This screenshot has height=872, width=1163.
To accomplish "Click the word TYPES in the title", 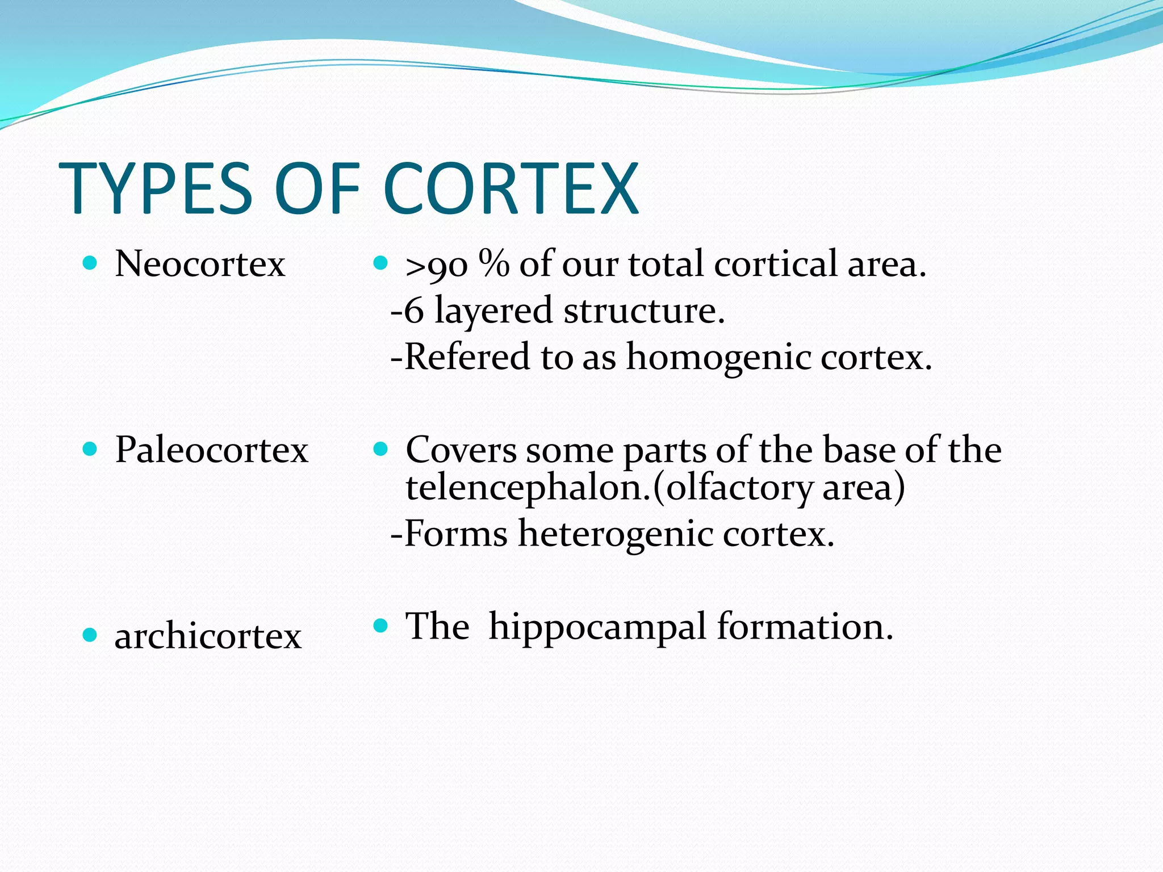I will pyautogui.click(x=155, y=188).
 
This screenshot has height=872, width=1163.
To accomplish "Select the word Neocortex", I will pyautogui.click(x=200, y=265).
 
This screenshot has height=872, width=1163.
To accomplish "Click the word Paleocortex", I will pyautogui.click(x=211, y=450).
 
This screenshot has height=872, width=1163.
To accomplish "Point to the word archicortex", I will pyautogui.click(x=208, y=636).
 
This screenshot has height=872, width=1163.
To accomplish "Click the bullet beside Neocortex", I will pyautogui.click(x=90, y=263).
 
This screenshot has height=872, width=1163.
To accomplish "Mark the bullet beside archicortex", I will pyautogui.click(x=90, y=635).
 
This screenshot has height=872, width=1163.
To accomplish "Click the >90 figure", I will pyautogui.click(x=436, y=266).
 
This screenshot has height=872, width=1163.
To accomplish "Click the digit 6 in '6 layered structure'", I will pyautogui.click(x=414, y=312).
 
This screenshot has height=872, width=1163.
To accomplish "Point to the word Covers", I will pyautogui.click(x=461, y=450).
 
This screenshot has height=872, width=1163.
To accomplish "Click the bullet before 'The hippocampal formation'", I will pyautogui.click(x=380, y=626).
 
